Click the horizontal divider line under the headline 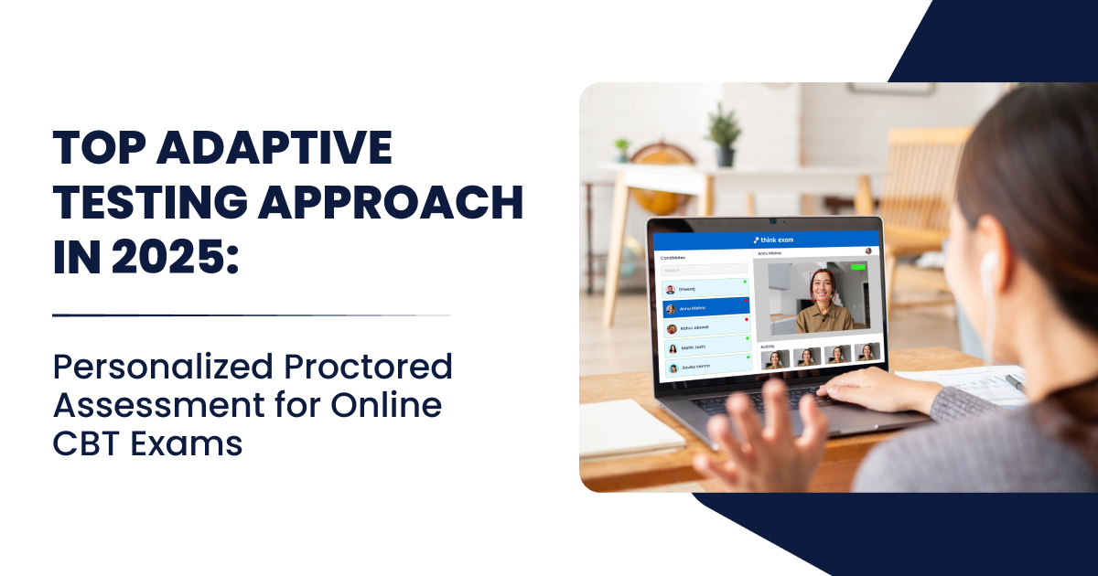(x=252, y=315)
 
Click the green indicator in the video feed (x=857, y=268)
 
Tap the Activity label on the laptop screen (x=768, y=346)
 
